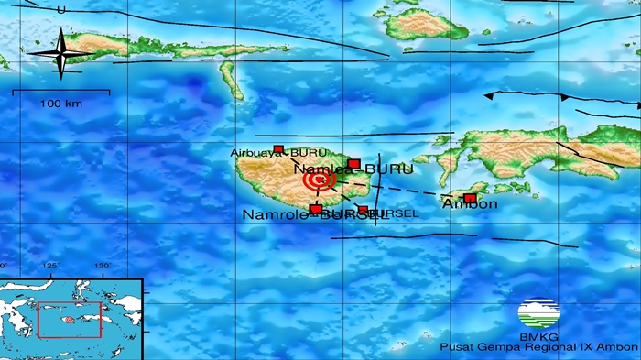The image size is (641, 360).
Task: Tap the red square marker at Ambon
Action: pos(470,198)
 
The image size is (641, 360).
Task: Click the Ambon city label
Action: pos(470,204)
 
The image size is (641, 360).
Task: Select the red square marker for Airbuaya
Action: pos(278,149)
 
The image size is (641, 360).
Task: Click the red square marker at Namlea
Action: pos(353,164)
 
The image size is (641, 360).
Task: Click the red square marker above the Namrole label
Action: pos(316,210)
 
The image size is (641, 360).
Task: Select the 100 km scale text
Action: pos(61,104)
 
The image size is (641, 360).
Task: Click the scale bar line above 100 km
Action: pos(61,91)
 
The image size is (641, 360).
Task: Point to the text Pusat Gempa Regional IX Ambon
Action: pos(538,347)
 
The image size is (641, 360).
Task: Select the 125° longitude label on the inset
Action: pos(50,266)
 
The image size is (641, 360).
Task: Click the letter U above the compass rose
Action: pos(60,9)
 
